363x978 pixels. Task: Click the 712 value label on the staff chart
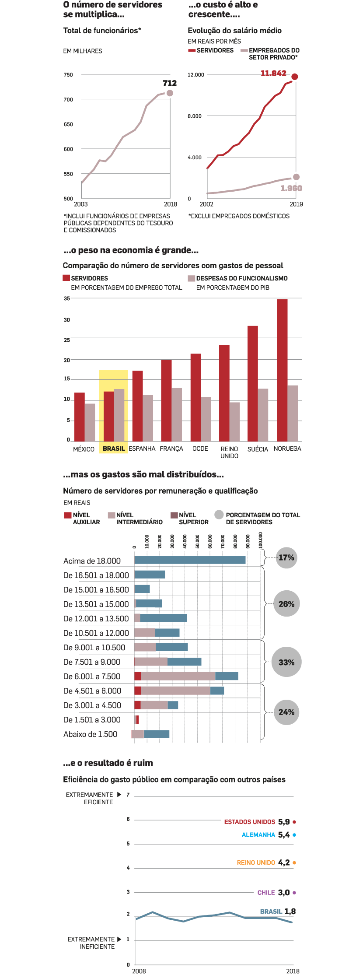[x=170, y=83]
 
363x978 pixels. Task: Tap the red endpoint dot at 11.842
[x=295, y=77]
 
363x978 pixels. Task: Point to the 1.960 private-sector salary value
[x=291, y=188]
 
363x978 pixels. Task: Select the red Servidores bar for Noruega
[x=282, y=370]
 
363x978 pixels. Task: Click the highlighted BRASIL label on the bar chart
[x=114, y=449]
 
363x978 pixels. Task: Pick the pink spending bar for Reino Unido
[x=235, y=421]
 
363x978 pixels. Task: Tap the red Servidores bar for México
[x=80, y=417]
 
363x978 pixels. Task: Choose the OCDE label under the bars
[x=200, y=449]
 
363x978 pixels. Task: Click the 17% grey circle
[x=286, y=557]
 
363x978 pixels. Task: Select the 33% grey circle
[x=286, y=662]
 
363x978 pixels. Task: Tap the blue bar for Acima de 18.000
[x=190, y=560]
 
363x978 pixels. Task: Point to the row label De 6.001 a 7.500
[x=92, y=677]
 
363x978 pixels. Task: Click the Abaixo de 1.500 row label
[x=91, y=734]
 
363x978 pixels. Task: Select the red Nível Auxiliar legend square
[x=68, y=515]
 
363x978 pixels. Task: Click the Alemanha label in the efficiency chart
[x=258, y=835]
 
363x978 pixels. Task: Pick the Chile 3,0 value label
[x=284, y=893]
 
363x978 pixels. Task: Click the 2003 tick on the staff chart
[x=81, y=204]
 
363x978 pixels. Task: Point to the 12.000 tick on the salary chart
[x=196, y=75]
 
